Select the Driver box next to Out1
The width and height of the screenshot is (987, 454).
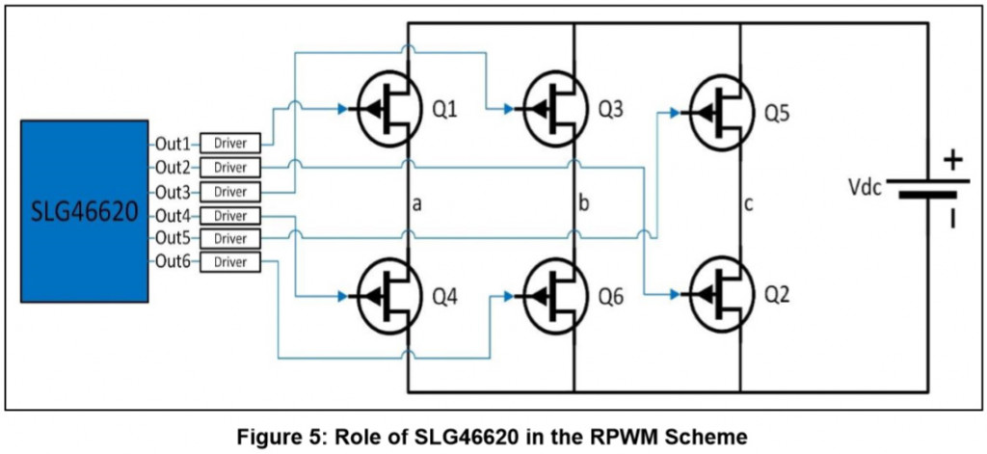click(230, 144)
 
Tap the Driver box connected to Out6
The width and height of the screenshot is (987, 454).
click(230, 262)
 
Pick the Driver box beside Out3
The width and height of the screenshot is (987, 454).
click(230, 191)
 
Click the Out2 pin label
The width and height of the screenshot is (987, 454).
click(173, 168)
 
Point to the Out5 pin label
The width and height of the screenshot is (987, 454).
click(173, 238)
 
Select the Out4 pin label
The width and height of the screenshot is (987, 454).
click(173, 215)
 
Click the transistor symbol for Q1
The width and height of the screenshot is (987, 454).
click(389, 108)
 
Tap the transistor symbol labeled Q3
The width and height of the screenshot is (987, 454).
click(556, 108)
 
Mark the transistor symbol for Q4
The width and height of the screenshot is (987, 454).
click(389, 296)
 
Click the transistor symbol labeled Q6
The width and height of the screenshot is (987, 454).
click(556, 296)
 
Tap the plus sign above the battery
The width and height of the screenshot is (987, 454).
click(952, 161)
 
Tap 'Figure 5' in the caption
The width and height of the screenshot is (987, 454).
click(280, 436)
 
